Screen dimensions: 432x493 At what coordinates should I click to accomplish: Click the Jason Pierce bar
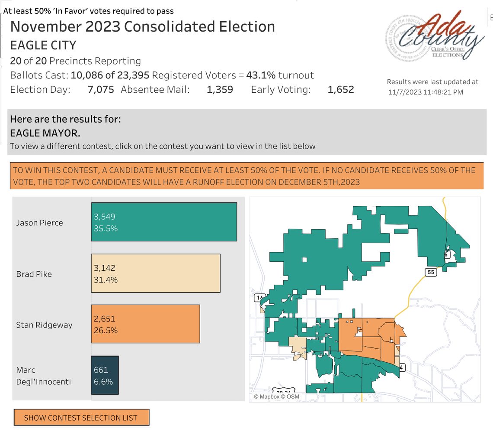click(164, 222)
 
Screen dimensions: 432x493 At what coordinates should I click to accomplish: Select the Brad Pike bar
click(156, 273)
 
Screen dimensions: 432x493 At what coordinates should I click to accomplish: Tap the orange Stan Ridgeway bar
click(145, 324)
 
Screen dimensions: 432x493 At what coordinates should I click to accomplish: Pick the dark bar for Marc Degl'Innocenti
click(105, 375)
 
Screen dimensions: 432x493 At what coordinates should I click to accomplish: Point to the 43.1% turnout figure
click(260, 75)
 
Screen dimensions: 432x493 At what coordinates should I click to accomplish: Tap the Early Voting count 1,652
click(340, 90)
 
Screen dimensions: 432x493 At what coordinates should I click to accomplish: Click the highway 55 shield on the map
click(430, 272)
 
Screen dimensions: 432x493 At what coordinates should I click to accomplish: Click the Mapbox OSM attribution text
click(276, 396)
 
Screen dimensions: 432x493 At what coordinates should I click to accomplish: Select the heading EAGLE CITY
click(43, 45)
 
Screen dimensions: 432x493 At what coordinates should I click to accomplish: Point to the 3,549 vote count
click(105, 217)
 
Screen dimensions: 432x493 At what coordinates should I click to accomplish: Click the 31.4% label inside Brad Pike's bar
click(106, 280)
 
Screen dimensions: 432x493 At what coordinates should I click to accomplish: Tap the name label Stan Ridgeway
click(44, 325)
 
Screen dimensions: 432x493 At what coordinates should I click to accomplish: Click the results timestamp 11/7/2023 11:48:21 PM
click(426, 92)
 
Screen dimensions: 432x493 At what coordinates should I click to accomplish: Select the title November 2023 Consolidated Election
click(143, 26)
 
